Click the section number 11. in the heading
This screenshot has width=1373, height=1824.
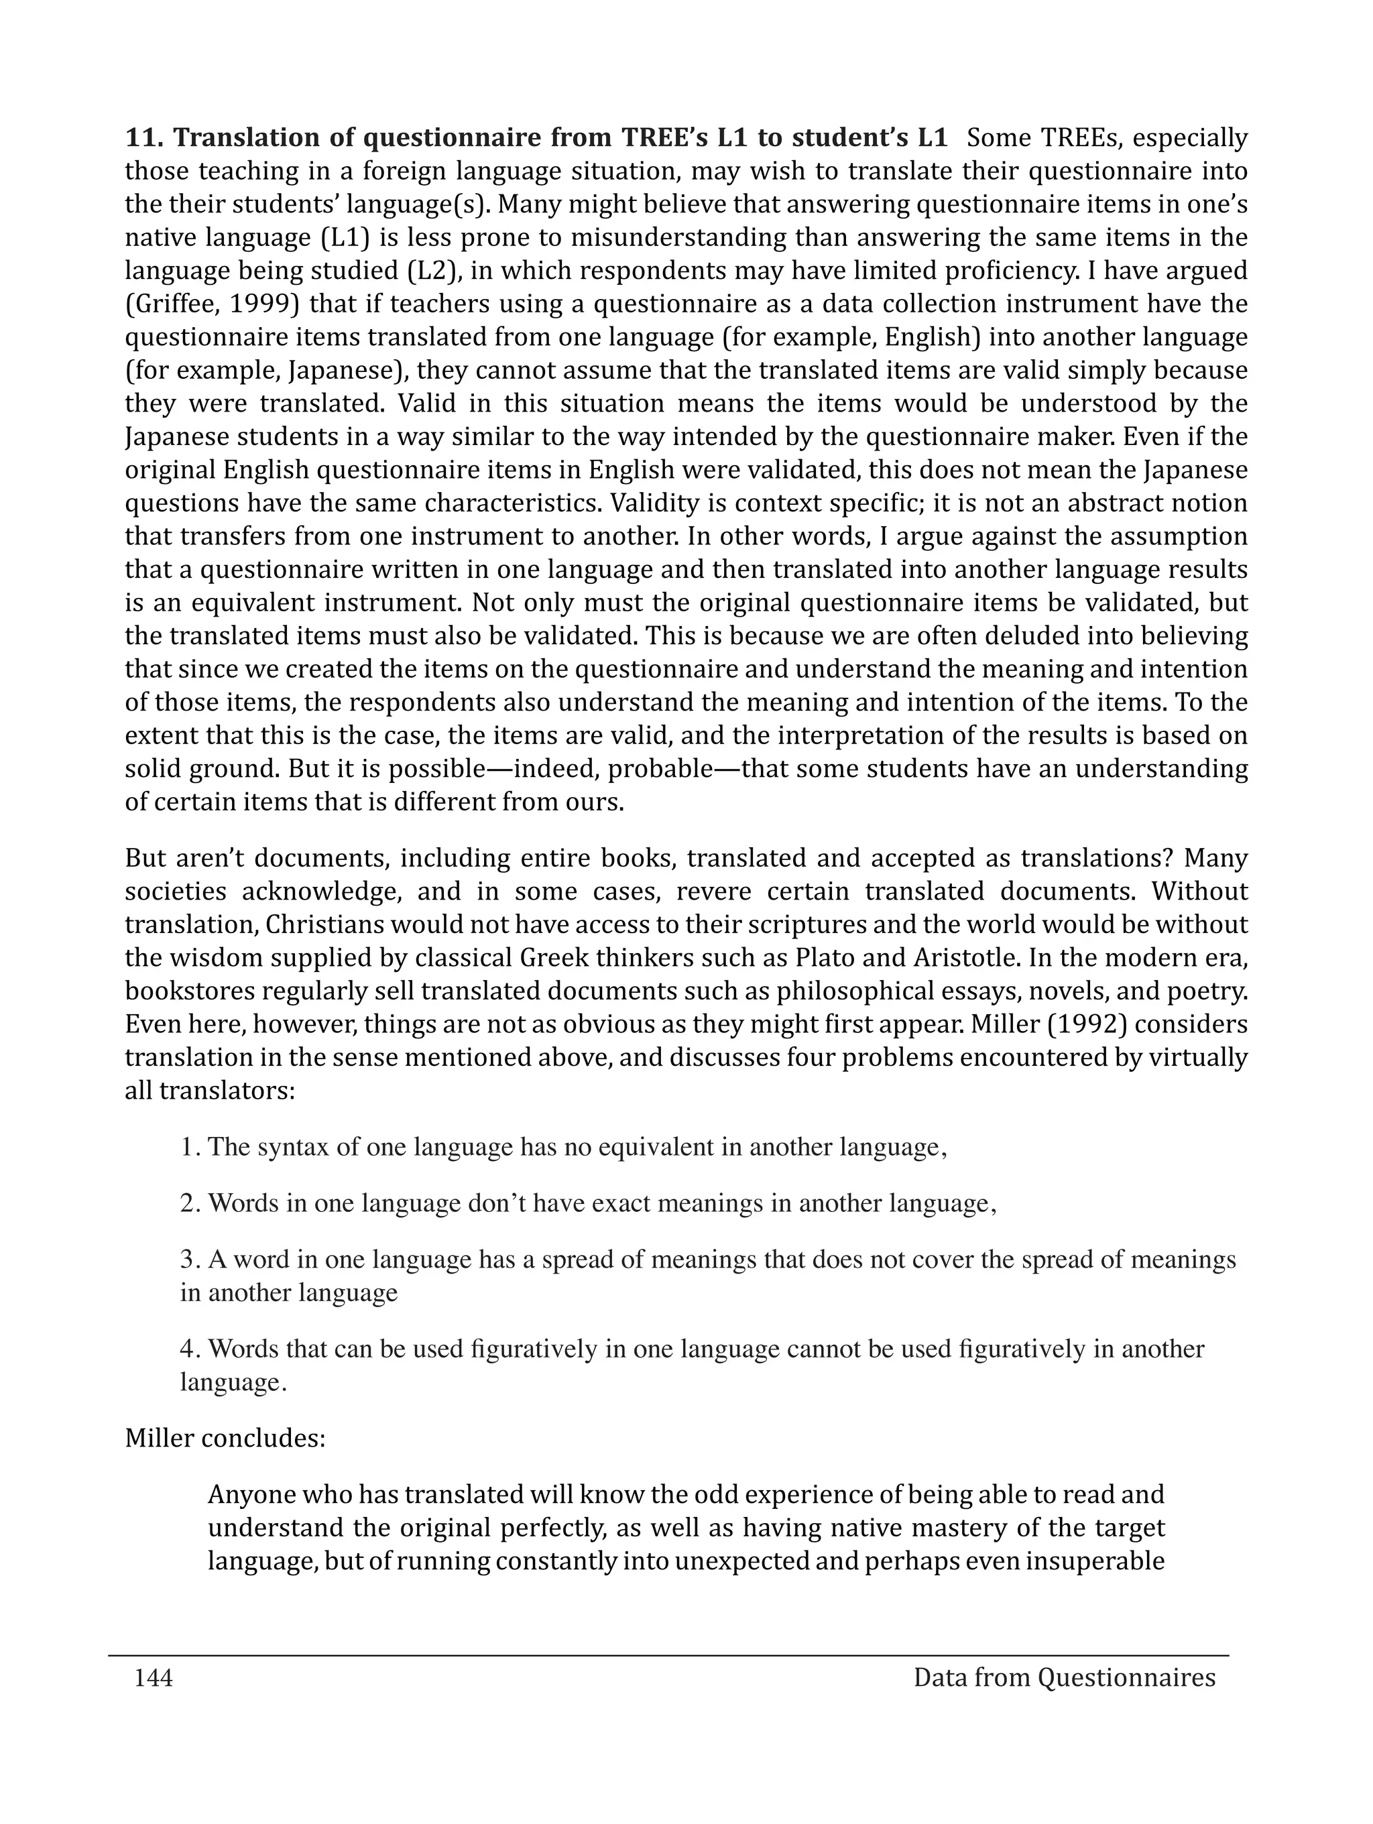pos(143,137)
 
